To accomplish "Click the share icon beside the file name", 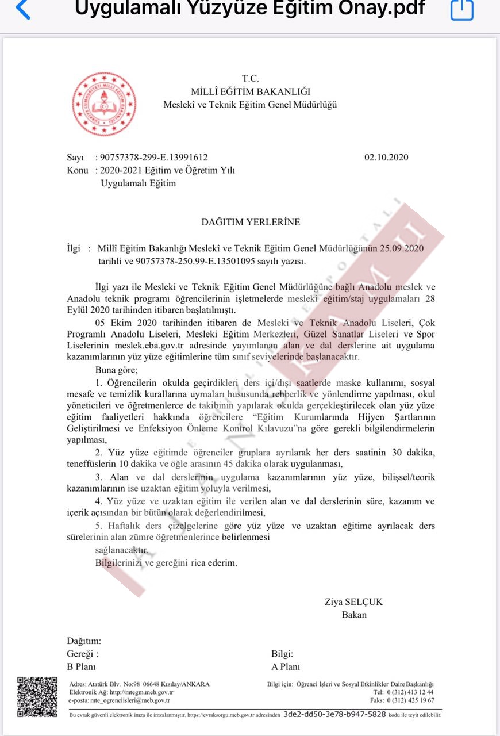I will pyautogui.click(x=461, y=9).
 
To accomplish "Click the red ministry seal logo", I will pyautogui.click(x=104, y=103).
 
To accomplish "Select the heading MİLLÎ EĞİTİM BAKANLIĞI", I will pyautogui.click(x=251, y=91).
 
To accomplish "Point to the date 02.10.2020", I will pyautogui.click(x=386, y=157).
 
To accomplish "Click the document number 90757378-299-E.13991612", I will pyautogui.click(x=153, y=157).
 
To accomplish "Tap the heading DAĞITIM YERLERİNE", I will pyautogui.click(x=250, y=222).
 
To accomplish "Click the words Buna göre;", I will pyautogui.click(x=117, y=369).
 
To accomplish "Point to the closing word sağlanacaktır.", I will pyautogui.click(x=121, y=550).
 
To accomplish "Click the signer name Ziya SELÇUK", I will pyautogui.click(x=353, y=602).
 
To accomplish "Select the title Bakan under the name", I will pyautogui.click(x=354, y=615).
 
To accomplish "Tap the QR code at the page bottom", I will pyautogui.click(x=37, y=697).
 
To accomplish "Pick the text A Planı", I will pyautogui.click(x=286, y=667).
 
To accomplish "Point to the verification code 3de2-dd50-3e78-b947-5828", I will pyautogui.click(x=334, y=714).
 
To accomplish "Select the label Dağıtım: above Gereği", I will pyautogui.click(x=84, y=641).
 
